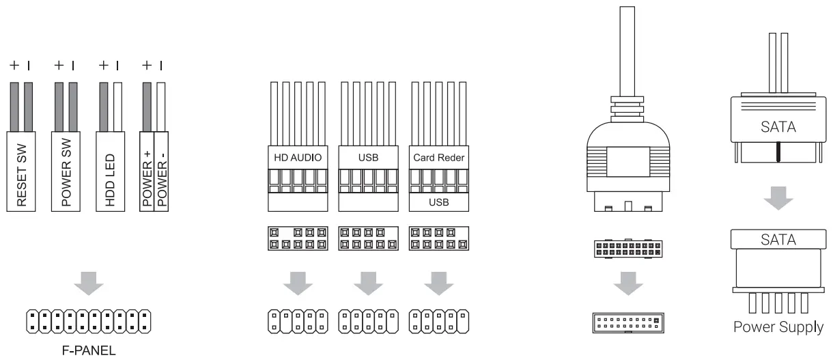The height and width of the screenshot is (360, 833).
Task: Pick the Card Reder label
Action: click(x=438, y=157)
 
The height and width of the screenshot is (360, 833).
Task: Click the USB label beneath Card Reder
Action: click(x=438, y=203)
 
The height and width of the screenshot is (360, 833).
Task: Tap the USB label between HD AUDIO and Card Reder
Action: click(x=367, y=157)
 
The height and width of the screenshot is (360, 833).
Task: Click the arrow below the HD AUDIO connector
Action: click(x=296, y=281)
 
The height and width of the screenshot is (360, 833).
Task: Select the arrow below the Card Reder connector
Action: click(x=438, y=281)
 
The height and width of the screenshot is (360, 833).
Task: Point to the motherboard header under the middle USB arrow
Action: click(x=367, y=320)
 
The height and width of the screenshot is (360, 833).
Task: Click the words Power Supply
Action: click(x=778, y=327)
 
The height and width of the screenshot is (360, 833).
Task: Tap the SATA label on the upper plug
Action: click(x=778, y=128)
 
